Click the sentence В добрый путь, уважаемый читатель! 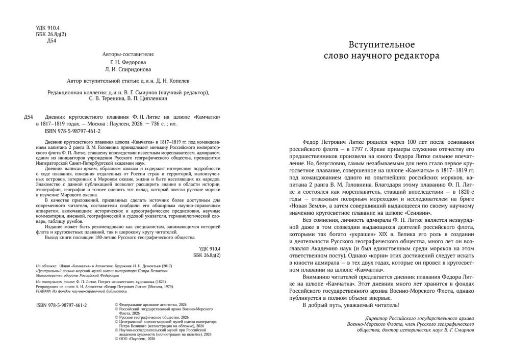coord(351,305)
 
